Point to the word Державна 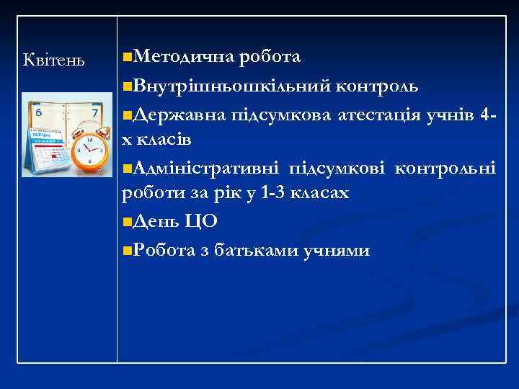[180, 115]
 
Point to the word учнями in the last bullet [342, 250]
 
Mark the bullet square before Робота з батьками [128, 251]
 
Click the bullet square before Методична [128, 57]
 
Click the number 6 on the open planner [37, 112]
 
